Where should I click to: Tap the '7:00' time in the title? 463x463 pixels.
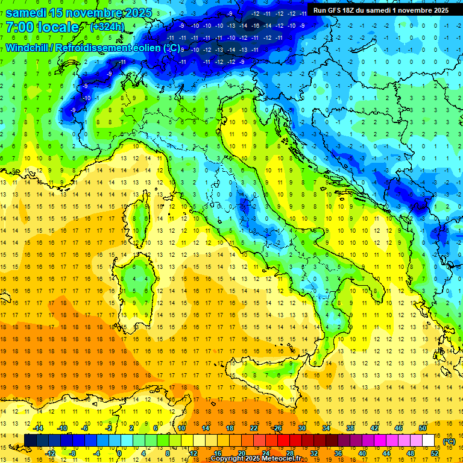click(22, 27)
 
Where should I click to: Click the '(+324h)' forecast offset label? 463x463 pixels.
click(107, 27)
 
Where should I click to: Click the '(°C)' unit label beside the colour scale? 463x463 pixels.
click(449, 441)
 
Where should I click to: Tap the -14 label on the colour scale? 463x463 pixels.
click(38, 428)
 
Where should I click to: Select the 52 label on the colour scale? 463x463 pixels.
click(435, 453)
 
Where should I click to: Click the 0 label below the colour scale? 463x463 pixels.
click(119, 453)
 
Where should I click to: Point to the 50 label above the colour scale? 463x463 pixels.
click(423, 428)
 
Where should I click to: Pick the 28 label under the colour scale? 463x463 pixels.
click(290, 453)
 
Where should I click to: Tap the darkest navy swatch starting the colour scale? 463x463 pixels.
click(30, 440)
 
